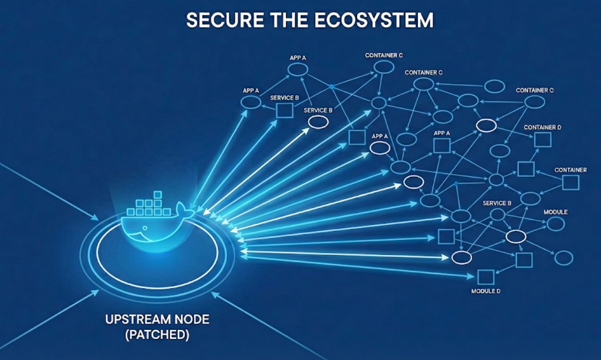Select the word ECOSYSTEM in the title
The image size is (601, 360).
(374, 20)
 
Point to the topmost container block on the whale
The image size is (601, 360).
(157, 194)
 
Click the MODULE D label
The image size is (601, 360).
(486, 291)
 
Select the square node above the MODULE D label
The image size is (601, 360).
(485, 277)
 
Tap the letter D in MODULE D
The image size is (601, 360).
(498, 291)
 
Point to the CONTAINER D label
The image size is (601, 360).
(542, 127)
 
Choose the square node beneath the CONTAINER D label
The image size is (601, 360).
(542, 140)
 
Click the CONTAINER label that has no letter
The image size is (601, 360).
(570, 170)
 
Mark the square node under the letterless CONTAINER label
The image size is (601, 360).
(570, 183)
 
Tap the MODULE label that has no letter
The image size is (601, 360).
(555, 212)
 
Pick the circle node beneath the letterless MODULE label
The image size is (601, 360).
(555, 224)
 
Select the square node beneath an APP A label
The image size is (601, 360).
(441, 145)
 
